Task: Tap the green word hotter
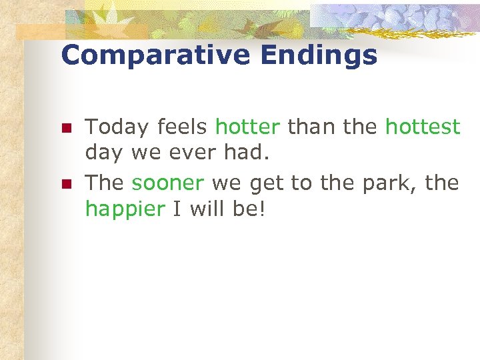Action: [247, 126]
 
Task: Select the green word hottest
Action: [423, 126]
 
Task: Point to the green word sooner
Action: [167, 182]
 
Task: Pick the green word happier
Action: [125, 210]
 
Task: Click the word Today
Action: [117, 127]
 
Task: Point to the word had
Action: [246, 154]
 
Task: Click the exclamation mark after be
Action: [261, 210]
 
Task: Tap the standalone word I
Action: [177, 210]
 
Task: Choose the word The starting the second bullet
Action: [105, 182]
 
